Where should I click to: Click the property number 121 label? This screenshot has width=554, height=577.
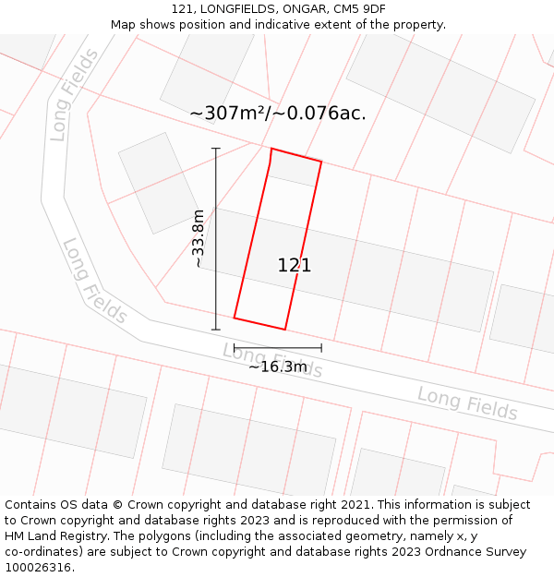tap(295, 266)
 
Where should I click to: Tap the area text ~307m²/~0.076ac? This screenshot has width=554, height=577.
tap(278, 114)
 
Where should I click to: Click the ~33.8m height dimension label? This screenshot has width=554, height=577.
tap(199, 238)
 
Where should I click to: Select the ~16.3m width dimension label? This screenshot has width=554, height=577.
tap(278, 367)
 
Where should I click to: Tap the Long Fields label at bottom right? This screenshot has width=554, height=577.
tap(467, 403)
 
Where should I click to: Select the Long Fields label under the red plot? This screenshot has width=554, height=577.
tap(272, 360)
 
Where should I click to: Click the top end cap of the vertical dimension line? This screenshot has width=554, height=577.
tap(216, 149)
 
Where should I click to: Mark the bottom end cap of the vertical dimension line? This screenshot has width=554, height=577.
tap(216, 330)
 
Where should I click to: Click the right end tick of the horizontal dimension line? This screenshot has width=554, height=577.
tap(321, 348)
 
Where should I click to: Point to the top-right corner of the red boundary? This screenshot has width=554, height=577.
tap(321, 162)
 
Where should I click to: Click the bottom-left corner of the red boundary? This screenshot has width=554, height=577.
tap(235, 319)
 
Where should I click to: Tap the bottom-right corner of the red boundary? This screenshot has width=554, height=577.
tap(285, 330)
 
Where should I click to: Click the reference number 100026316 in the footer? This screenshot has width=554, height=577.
tap(38, 568)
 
